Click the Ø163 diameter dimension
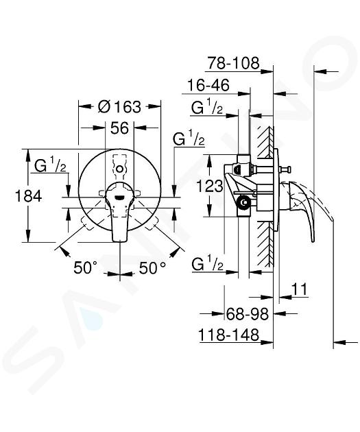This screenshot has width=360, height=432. coord(119,106)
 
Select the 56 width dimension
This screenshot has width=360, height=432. coord(119,128)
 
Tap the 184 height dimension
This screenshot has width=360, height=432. coord(28,196)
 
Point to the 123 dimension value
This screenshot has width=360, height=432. coord(210,187)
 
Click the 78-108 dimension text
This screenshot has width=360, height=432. coord(233,63)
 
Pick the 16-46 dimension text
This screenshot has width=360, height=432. coord(208,85)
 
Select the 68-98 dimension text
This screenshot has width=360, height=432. coord(247,313)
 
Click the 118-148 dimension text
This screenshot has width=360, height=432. coord(228,335)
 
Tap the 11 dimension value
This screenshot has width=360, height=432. coord(299,289)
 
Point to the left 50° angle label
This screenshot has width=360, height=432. coord(86,267)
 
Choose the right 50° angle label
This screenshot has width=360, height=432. coord(152,267)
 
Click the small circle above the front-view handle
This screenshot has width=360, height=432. coord(119,169)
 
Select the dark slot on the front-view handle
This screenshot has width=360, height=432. coord(119,197)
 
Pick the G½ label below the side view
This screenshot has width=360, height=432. coord(207,264)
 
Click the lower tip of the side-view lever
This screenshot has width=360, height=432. coord(313,241)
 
